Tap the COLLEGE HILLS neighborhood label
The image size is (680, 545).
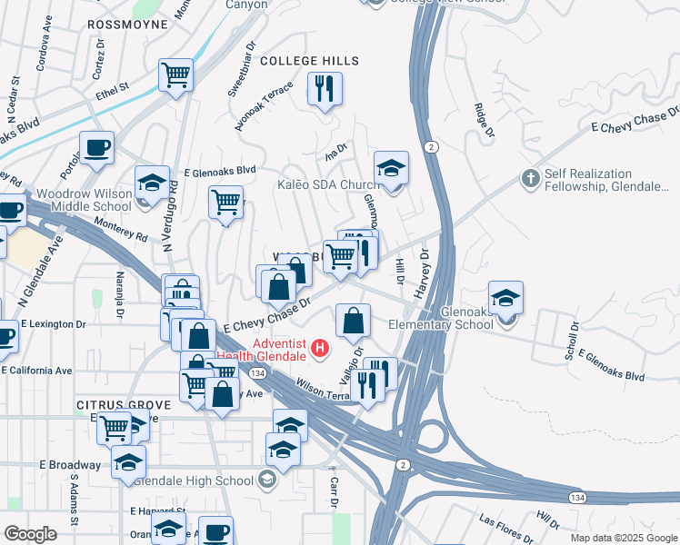(x=310, y=61)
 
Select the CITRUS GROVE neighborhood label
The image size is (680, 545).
(x=124, y=404)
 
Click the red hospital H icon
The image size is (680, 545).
(x=319, y=347)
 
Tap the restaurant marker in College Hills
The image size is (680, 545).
(x=325, y=90)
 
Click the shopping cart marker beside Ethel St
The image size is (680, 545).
(x=175, y=75)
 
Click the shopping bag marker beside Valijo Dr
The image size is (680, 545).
(x=353, y=320)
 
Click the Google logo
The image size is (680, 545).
(x=30, y=534)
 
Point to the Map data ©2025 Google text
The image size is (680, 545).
(x=623, y=538)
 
